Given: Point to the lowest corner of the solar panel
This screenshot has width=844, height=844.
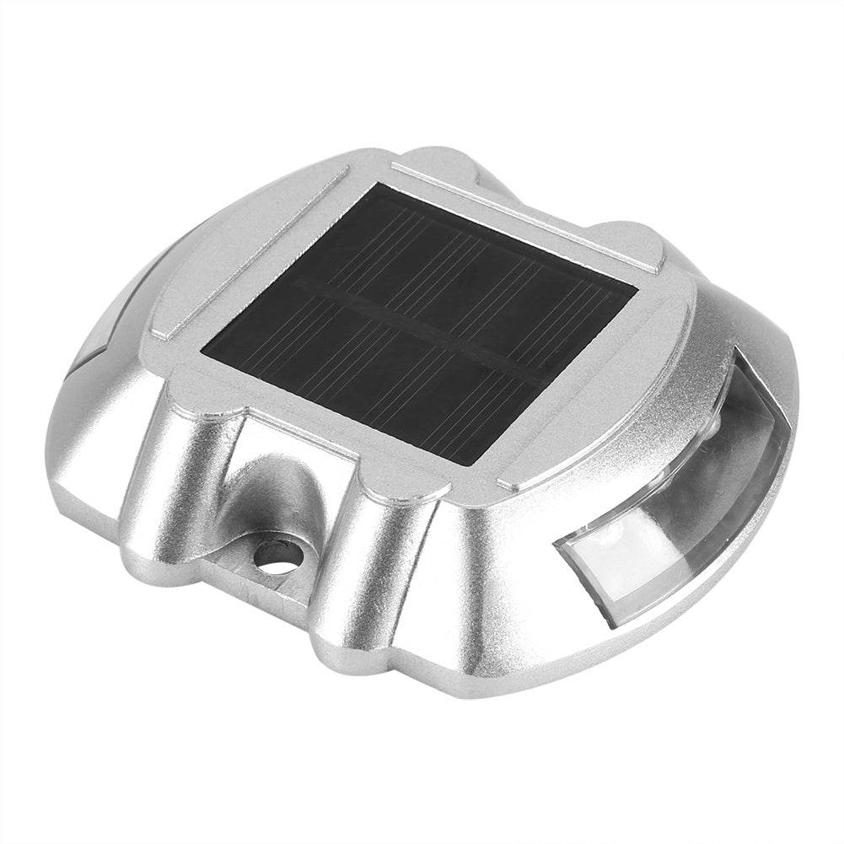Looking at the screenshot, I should pos(476,464).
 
